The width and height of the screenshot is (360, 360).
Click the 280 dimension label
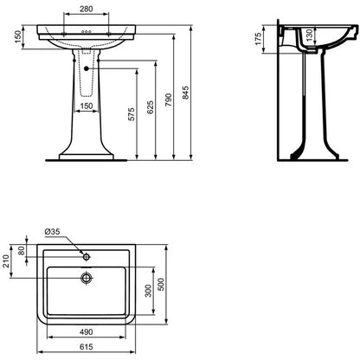click(87, 9)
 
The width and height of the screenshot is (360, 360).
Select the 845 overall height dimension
click(186, 93)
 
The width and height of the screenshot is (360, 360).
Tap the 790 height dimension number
click(169, 100)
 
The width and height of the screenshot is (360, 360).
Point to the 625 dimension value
click(151, 107)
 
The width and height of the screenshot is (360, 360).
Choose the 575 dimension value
click(132, 114)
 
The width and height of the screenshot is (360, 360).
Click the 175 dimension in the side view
click(258, 39)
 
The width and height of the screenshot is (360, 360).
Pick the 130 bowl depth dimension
click(309, 35)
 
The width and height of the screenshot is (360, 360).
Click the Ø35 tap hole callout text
click(52, 231)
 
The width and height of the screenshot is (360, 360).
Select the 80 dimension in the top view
click(22, 250)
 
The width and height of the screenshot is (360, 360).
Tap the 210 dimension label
click(6, 261)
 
